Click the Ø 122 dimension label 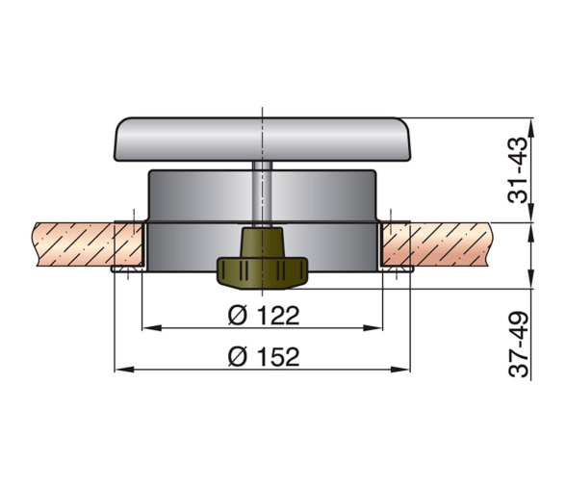(264, 316)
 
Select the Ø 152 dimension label (264, 357)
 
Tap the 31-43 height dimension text (519, 170)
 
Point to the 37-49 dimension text (519, 344)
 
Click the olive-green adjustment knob (262, 259)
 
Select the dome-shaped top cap (263, 139)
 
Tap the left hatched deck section (90, 244)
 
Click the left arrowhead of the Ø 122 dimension (151, 328)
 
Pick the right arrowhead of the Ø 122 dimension (373, 328)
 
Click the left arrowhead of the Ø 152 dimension (124, 370)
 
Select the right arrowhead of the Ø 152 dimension (400, 370)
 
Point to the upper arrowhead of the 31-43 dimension (531, 127)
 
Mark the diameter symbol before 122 (238, 316)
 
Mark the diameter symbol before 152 (238, 357)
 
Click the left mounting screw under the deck (127, 269)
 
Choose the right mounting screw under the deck (397, 269)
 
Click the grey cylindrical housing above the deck (263, 195)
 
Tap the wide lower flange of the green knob (262, 273)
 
